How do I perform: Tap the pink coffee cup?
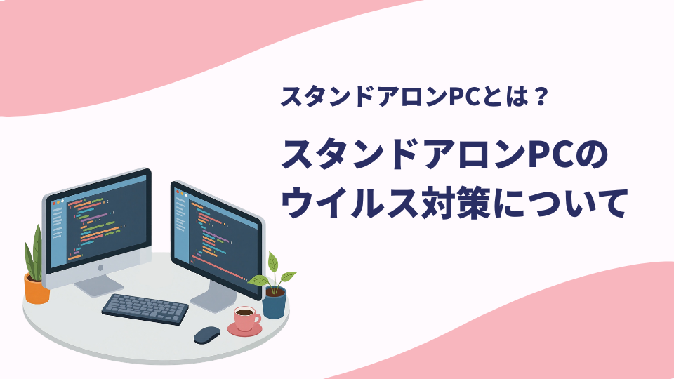point(247,318)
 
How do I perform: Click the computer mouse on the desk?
point(206,335)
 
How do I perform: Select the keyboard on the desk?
point(145,309)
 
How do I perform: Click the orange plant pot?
point(37,288)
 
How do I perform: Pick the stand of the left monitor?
point(98,286)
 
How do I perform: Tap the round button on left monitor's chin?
point(100,267)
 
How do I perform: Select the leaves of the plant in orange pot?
point(34,253)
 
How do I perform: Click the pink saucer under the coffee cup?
point(244,330)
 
